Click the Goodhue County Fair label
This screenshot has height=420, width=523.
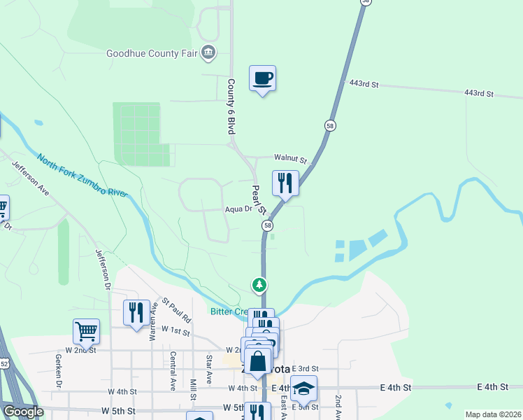click(152, 53)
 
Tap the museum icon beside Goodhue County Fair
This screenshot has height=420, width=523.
click(208, 52)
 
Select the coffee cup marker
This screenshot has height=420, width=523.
click(262, 78)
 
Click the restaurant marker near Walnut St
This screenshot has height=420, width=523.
click(285, 183)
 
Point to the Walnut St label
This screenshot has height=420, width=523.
click(290, 160)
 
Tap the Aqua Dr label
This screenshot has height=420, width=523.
click(238, 209)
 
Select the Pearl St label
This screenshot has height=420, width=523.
click(259, 199)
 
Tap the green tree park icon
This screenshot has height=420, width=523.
click(259, 285)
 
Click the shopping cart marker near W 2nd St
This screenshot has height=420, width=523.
click(86, 332)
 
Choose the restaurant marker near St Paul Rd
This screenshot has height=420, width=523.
click(136, 312)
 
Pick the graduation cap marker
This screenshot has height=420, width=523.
click(303, 388)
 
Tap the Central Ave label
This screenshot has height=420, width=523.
click(172, 370)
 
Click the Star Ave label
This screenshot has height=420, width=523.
click(209, 369)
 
